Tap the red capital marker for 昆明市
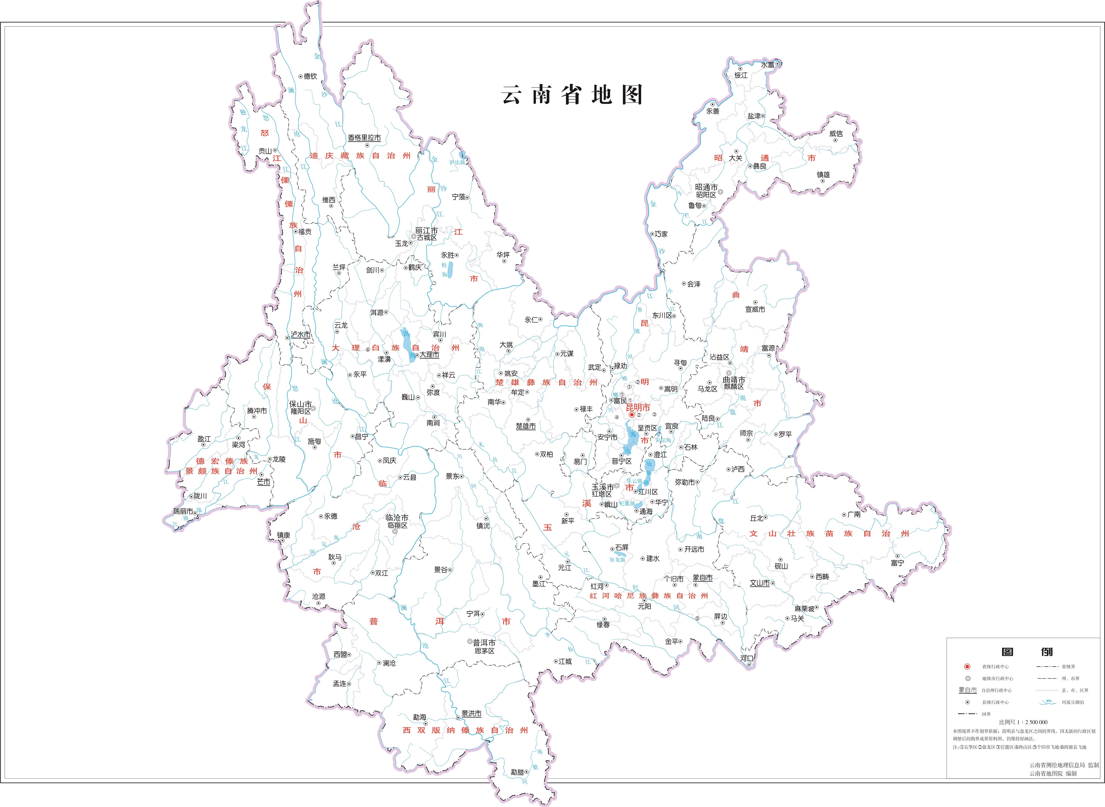[631, 415]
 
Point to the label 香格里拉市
[364, 138]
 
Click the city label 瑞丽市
[183, 511]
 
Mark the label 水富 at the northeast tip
[768, 64]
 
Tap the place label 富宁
[897, 563]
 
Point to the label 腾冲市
[257, 411]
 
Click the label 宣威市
[755, 309]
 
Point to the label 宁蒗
[458, 197]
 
